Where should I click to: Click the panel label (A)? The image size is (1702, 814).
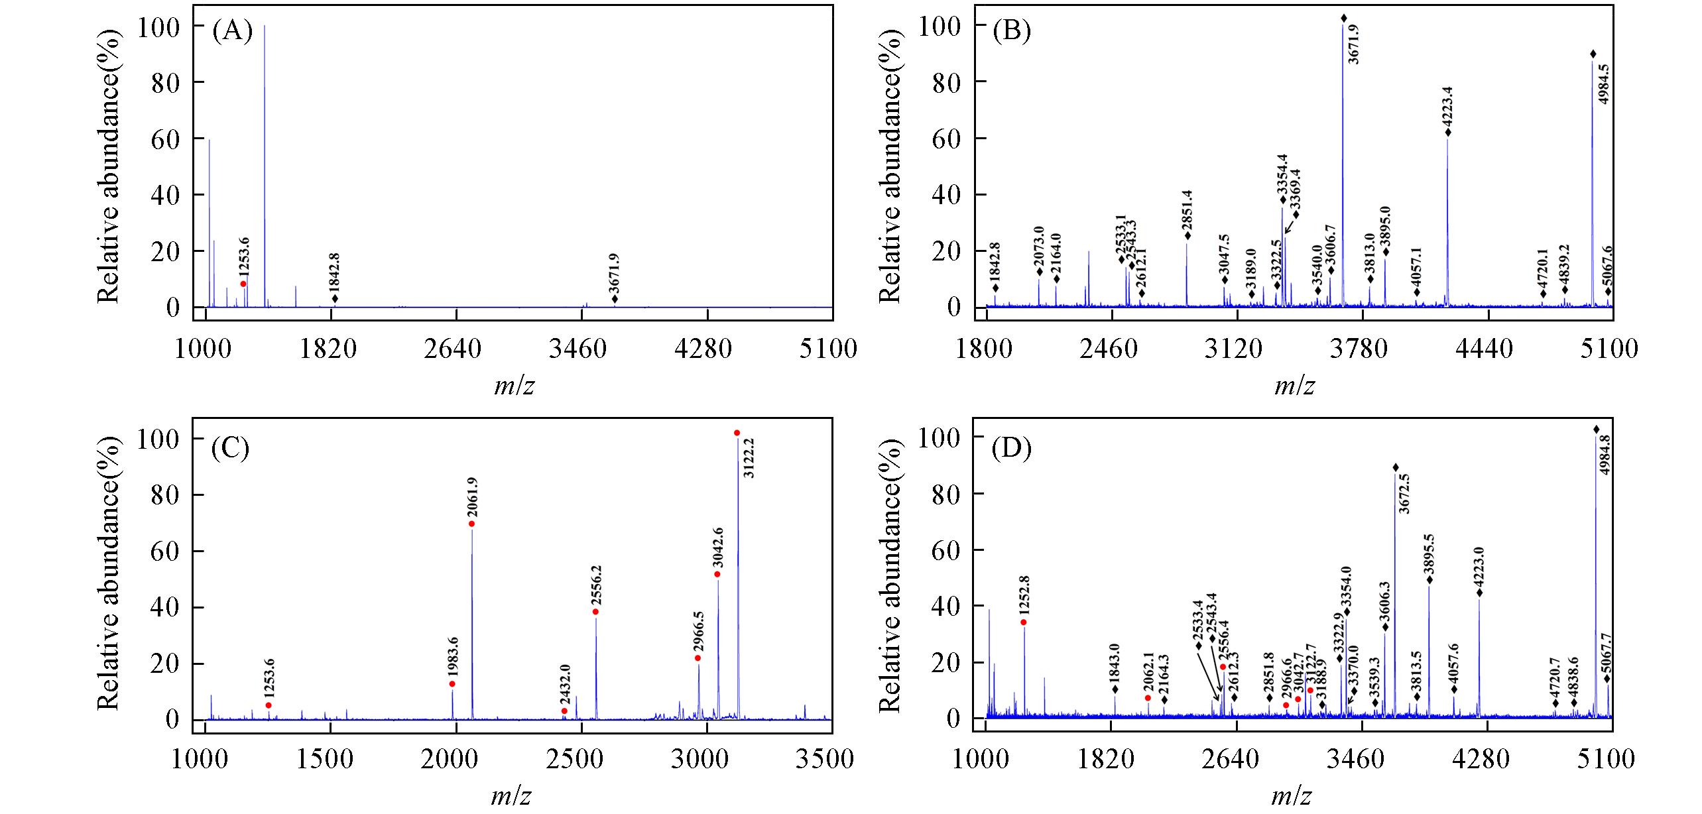232,32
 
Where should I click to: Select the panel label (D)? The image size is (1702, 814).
1012,449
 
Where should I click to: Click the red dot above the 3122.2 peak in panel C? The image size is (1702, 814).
737,433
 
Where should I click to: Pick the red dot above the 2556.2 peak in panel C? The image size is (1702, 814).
595,611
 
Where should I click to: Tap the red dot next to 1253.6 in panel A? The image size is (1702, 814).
243,284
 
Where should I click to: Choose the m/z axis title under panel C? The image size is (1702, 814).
513,795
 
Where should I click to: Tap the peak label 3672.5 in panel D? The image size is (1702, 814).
1404,494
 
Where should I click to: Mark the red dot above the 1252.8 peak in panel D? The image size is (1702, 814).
1024,622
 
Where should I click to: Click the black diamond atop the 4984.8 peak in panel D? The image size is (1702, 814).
1597,429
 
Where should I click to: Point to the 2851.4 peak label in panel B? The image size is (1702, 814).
1187,209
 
